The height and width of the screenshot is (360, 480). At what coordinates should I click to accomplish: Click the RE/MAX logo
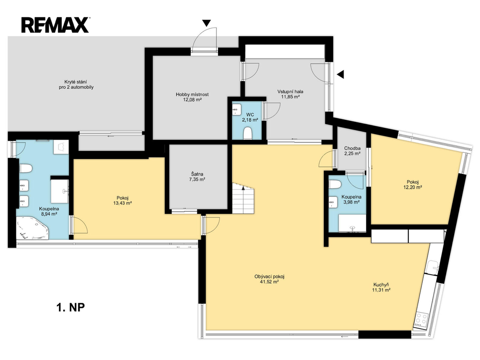click(55, 25)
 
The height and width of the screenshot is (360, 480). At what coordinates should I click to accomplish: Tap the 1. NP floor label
click(70, 307)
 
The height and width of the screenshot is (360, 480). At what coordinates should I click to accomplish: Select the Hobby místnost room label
click(192, 94)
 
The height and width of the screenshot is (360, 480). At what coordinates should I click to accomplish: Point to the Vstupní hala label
click(290, 91)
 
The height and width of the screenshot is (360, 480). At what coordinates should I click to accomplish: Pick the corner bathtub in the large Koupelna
click(32, 228)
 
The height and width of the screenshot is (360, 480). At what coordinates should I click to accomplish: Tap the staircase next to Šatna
click(243, 199)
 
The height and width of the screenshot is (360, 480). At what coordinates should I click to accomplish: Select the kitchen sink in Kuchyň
click(434, 267)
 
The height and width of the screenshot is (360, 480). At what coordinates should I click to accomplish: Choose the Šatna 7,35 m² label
click(196, 177)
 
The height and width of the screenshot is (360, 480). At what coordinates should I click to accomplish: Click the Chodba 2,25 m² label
click(352, 151)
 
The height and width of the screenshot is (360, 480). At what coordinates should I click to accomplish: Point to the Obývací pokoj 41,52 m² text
click(270, 279)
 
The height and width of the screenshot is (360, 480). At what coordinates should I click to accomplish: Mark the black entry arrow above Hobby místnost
click(207, 23)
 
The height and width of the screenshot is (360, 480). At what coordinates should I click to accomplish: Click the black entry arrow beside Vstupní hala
click(340, 74)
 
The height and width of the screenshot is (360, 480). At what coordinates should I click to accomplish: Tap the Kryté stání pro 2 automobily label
click(76, 84)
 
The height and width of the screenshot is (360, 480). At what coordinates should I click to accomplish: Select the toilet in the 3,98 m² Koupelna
click(335, 185)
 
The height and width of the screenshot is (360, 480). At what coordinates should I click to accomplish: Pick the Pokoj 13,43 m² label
click(122, 200)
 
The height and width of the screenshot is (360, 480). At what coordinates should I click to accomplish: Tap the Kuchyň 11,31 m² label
click(381, 287)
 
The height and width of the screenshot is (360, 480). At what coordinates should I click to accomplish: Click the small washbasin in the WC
click(236, 110)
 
